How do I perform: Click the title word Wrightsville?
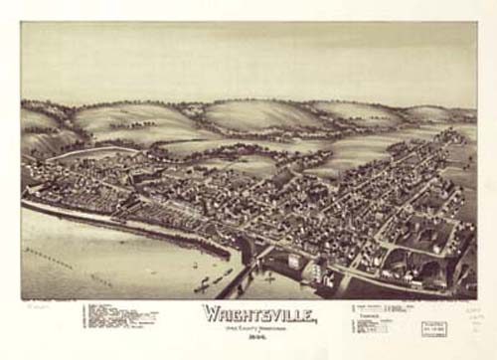pos(259,313)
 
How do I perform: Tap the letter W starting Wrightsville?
pos(211,313)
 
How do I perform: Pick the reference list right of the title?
pos(383,317)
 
